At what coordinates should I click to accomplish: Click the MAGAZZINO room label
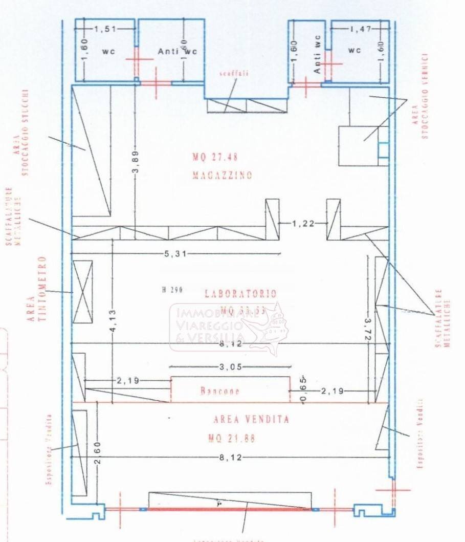click(x=222, y=176)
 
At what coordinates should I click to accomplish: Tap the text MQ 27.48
click(x=215, y=157)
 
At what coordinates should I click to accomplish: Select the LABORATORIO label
click(x=240, y=294)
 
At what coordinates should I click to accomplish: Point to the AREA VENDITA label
click(x=251, y=420)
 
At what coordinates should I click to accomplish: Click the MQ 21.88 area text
click(x=231, y=439)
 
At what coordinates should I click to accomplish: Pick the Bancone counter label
click(x=219, y=392)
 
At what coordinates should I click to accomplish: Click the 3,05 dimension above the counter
click(x=230, y=366)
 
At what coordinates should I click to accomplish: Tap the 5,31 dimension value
click(x=174, y=253)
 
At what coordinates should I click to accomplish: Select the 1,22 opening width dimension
click(x=302, y=223)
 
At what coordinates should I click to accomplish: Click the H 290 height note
click(x=172, y=290)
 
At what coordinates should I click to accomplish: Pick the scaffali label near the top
click(x=234, y=74)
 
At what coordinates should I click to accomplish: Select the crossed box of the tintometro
click(x=82, y=292)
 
